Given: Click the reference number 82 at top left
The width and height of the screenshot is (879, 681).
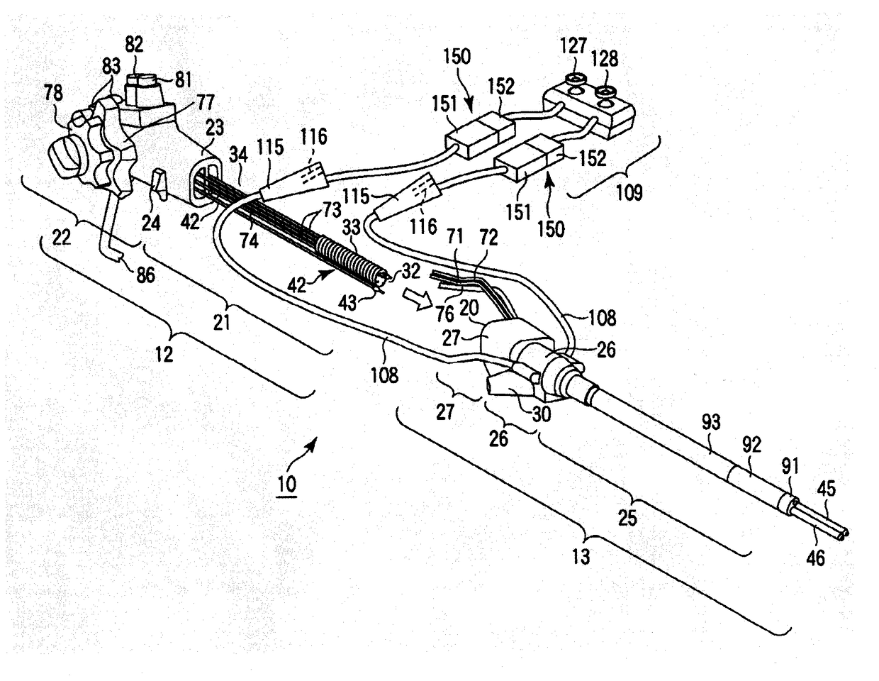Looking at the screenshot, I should [134, 45].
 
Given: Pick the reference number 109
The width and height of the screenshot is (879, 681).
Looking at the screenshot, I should [625, 192].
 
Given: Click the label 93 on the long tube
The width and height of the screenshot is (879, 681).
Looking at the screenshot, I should [711, 423].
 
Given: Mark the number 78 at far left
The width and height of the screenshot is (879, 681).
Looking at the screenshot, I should [52, 93].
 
